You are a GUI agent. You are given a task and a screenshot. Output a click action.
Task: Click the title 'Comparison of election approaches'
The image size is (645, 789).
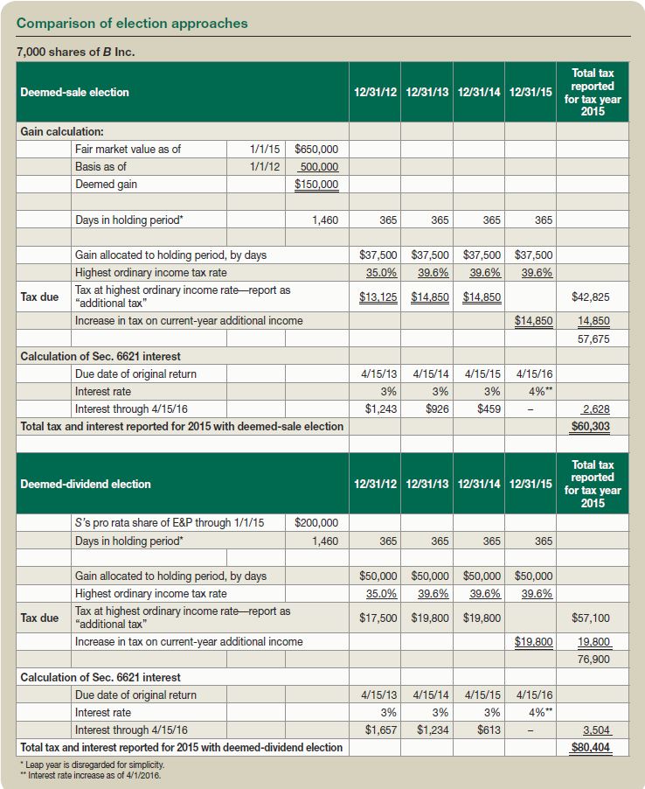pyautogui.click(x=131, y=24)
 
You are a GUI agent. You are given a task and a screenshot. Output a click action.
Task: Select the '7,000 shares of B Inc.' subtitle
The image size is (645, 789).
pyautogui.click(x=76, y=52)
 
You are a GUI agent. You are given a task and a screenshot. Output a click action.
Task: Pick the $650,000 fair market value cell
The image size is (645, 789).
pyautogui.click(x=316, y=149)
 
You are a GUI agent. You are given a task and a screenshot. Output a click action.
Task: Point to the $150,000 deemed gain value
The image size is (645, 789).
pyautogui.click(x=316, y=185)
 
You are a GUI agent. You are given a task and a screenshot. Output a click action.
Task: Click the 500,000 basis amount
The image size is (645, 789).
pyautogui.click(x=318, y=167)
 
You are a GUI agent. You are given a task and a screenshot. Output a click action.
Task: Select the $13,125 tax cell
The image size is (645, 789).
pyautogui.click(x=378, y=297)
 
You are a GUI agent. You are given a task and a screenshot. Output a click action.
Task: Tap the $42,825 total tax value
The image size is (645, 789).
pyautogui.click(x=592, y=297)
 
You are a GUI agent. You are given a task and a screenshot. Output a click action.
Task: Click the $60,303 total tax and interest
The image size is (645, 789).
pyautogui.click(x=592, y=427)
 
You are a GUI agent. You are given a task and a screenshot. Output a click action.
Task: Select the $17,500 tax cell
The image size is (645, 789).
pyautogui.click(x=378, y=618)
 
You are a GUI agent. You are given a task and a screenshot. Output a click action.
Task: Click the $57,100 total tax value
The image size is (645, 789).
pyautogui.click(x=592, y=618)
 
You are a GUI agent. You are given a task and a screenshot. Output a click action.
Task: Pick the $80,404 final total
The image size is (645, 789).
pyautogui.click(x=592, y=748)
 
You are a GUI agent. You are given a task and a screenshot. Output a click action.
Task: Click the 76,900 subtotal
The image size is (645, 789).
pyautogui.click(x=593, y=660)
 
